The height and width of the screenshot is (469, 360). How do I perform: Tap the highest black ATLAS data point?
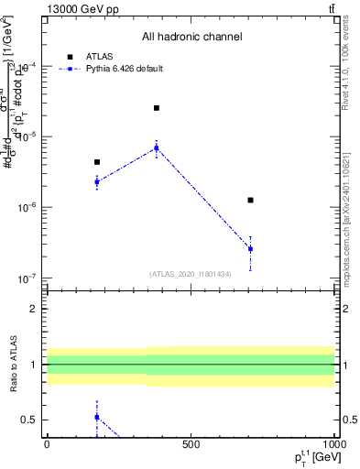[x=157, y=108]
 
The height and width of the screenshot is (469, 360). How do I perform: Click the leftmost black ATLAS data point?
[x=97, y=162]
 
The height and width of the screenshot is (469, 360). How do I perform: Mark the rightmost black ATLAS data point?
[x=250, y=200]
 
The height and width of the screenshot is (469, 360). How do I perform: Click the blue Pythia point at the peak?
[x=157, y=147]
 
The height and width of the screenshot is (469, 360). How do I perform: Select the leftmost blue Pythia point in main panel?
[x=97, y=181]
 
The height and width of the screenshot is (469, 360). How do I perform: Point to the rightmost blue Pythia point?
[x=250, y=248]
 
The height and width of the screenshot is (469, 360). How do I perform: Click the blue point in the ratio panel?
[x=97, y=417]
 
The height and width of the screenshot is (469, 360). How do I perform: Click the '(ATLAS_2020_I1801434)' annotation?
[x=191, y=274]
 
